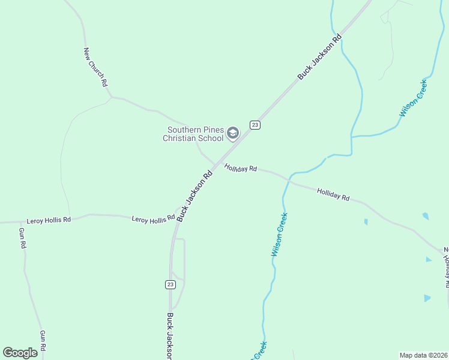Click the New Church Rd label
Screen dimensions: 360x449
point(95,67)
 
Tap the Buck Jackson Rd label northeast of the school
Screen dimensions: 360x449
point(320,56)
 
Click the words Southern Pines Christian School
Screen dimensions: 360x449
point(195,134)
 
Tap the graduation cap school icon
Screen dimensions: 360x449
point(233,133)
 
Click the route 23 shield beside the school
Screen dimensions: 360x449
point(255,124)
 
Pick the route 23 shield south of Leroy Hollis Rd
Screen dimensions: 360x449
point(170,284)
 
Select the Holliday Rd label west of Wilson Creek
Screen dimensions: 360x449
point(241,169)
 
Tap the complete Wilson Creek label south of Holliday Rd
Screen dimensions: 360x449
point(279,235)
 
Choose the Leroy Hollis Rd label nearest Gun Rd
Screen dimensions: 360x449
point(49,220)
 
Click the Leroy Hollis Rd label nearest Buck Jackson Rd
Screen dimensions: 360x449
point(152,220)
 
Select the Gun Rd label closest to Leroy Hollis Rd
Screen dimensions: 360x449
point(22,238)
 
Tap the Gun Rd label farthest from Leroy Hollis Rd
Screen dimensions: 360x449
point(43,340)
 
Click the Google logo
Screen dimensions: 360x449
point(20,353)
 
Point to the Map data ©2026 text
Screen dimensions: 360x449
point(423,355)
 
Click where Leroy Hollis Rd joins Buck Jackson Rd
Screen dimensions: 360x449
point(176,215)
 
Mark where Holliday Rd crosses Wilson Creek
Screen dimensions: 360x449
point(290,178)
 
